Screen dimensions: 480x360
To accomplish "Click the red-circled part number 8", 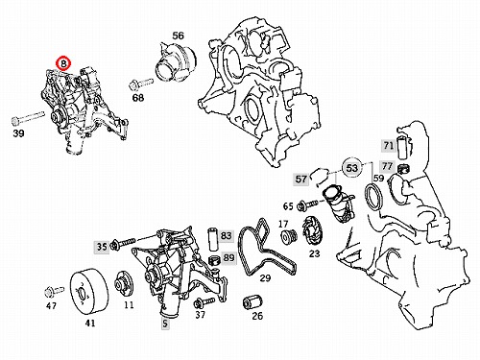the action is coord(63,63).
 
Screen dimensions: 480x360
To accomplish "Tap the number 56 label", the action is coord(179,36).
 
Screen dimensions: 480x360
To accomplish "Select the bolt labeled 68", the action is coord(141,84).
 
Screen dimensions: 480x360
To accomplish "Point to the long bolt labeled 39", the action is coord(28,117).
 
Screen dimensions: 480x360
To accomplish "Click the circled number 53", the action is coord(352,168).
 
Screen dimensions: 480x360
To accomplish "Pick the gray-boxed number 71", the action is coord(389,146).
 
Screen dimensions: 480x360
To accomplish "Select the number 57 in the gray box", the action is coord(301,179).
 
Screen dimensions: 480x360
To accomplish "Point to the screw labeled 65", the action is coord(307,204).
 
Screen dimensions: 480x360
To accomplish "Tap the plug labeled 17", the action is coord(288,237).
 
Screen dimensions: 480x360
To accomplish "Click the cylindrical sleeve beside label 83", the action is coord(213,239).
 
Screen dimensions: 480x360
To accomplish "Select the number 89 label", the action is coord(228,257).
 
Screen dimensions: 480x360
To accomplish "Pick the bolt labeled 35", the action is coord(123,244).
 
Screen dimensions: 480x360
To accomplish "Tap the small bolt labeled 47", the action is coord(54,291).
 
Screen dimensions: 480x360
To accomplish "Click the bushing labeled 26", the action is coord(252,301).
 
